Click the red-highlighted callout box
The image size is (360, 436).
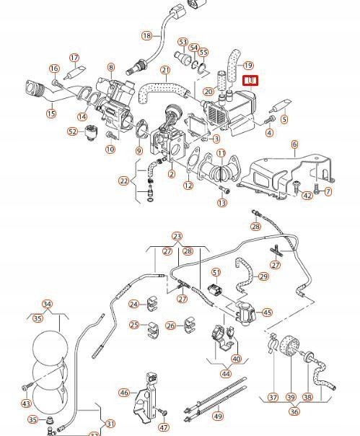(x=251, y=81)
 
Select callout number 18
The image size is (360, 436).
(x=146, y=35)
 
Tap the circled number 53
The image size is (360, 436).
(x=183, y=42)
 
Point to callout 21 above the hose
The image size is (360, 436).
(x=166, y=70)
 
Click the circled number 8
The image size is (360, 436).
(x=111, y=67)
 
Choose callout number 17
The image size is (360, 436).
(x=74, y=58)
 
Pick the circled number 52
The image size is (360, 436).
(x=73, y=131)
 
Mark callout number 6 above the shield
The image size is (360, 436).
(x=294, y=144)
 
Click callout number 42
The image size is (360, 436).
(x=307, y=196)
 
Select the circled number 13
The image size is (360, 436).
(x=221, y=203)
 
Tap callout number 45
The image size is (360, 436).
(x=268, y=313)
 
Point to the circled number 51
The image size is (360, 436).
(x=216, y=272)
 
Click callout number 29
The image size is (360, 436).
(x=263, y=276)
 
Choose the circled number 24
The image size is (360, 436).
(x=134, y=304)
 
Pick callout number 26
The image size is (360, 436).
(x=171, y=325)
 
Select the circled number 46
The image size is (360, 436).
(x=124, y=393)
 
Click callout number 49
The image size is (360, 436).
(x=218, y=417)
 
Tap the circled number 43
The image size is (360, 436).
(x=27, y=404)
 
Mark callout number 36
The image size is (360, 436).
(x=294, y=411)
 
